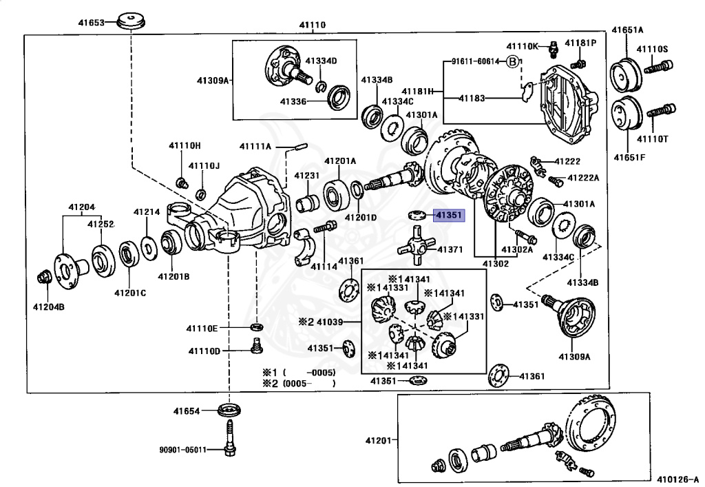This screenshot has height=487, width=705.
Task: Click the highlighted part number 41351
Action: click(x=449, y=216)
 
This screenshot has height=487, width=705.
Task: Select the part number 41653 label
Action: click(x=91, y=23)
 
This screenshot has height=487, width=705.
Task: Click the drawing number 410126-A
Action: click(x=677, y=479)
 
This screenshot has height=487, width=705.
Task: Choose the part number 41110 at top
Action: click(x=312, y=25)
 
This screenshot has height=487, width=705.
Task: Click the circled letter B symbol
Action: click(x=512, y=61)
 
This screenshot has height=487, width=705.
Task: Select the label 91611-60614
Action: click(x=475, y=61)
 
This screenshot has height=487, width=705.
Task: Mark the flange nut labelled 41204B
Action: click(x=43, y=278)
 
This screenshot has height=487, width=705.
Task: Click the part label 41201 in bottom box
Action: click(x=378, y=440)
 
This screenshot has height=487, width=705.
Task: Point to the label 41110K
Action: click(x=523, y=46)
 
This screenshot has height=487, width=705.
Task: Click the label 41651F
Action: click(x=629, y=157)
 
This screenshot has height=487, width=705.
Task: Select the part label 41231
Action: click(x=306, y=176)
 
